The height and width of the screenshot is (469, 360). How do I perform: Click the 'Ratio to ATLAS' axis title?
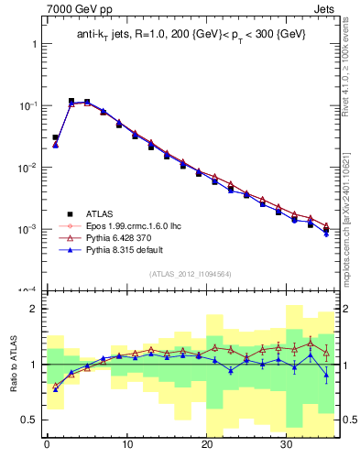pyautogui.click(x=12, y=365)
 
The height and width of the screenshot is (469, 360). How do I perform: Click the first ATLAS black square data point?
pyautogui.click(x=55, y=137)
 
